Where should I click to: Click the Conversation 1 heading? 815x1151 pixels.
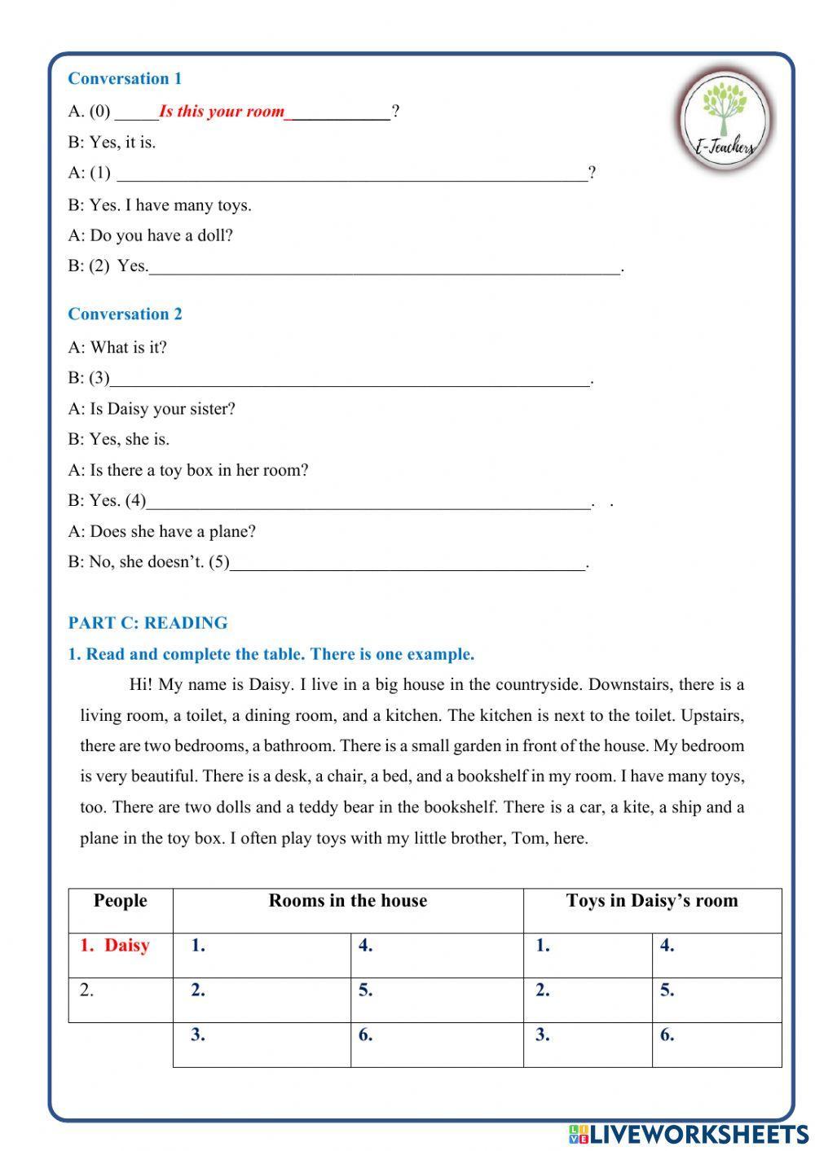tap(125, 79)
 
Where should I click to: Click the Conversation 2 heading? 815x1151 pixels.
tap(125, 314)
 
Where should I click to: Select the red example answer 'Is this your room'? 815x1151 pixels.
tap(222, 112)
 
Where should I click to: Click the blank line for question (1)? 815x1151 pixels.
tap(352, 174)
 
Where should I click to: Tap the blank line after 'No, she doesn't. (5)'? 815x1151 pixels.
tap(407, 563)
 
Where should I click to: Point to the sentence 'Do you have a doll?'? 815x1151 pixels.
tap(161, 236)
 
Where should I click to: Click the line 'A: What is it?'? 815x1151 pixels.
tap(117, 348)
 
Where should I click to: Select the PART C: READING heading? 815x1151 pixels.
tap(148, 623)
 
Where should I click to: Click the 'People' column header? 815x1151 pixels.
tap(121, 901)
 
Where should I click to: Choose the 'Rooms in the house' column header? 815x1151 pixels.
tap(348, 901)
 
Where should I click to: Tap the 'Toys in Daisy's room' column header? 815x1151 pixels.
tap(652, 901)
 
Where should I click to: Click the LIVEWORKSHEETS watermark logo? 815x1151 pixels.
tap(688, 1134)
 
